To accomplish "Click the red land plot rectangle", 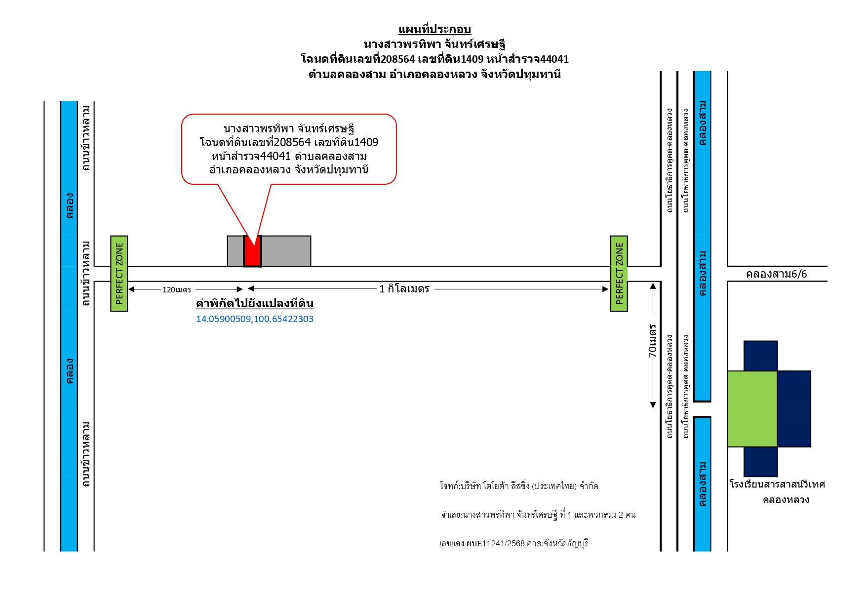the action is [252, 251].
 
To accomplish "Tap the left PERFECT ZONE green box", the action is [119, 274].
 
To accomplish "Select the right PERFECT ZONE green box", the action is [619, 274].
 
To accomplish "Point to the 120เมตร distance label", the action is [177, 290].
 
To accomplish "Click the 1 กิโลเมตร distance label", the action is [404, 289].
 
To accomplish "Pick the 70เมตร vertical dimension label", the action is [653, 341].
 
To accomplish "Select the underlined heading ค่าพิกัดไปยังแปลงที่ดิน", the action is [255, 303].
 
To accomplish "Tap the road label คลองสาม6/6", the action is [776, 274].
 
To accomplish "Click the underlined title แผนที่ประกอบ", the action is [434, 30].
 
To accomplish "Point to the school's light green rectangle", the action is [752, 409].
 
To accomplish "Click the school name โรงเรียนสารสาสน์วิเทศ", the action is [777, 484].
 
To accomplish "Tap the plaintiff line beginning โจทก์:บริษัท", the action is [519, 486].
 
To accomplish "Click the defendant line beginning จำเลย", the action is [539, 515].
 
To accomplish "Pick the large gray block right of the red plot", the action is [286, 251].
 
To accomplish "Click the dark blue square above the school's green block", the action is [761, 356].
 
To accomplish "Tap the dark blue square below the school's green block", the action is [761, 462].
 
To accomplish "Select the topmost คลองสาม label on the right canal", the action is [703, 123].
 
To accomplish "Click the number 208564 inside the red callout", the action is [292, 143].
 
